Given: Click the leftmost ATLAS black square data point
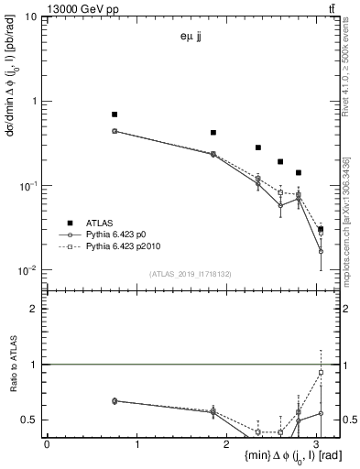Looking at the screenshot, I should (x=115, y=115).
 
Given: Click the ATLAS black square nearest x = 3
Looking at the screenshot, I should (x=321, y=229).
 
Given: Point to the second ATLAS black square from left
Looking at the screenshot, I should (x=213, y=133).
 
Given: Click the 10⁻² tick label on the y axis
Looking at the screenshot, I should (x=29, y=270).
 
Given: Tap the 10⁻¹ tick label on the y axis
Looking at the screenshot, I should (x=29, y=186).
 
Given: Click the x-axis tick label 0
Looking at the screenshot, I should (x=47, y=444).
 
